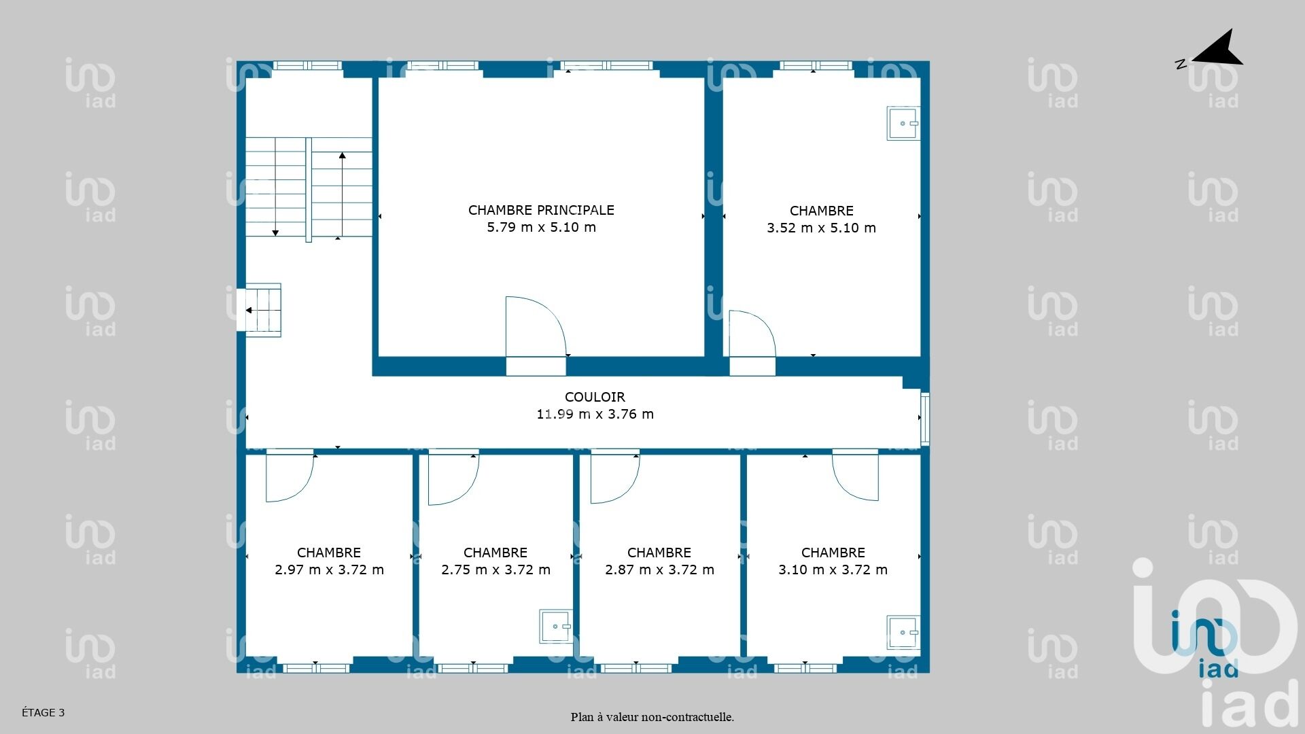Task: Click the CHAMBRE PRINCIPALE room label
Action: point(541,210)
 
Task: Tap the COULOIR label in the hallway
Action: point(595,397)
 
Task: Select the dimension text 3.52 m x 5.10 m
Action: point(821,228)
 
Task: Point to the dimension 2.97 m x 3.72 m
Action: point(329,570)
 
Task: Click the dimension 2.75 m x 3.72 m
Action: point(495,570)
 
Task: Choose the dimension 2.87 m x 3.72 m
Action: point(659,570)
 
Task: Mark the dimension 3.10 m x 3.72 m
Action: point(833,570)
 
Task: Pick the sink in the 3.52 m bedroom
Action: point(903,123)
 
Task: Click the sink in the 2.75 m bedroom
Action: point(556,626)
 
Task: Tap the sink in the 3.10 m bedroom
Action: point(903,632)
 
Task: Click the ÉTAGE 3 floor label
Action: point(43,712)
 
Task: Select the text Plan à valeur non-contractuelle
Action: point(652,717)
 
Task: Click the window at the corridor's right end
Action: point(924,419)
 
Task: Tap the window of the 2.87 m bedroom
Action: point(637,668)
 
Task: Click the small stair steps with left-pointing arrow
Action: point(263,310)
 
